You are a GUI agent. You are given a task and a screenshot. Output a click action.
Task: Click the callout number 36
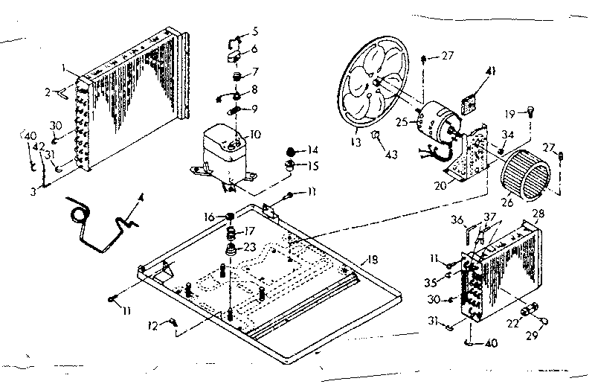(x=458, y=219)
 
